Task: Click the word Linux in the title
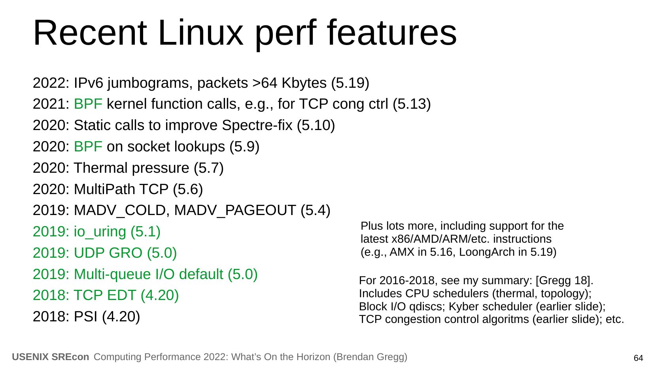point(200,32)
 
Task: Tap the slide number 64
point(638,358)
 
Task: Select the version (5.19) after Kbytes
point(350,83)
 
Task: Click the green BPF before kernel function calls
point(88,104)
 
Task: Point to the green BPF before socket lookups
point(88,147)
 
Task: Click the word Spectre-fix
point(257,125)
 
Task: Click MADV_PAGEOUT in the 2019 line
point(235,211)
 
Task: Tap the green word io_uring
point(100,232)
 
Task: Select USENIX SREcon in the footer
point(51,357)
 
